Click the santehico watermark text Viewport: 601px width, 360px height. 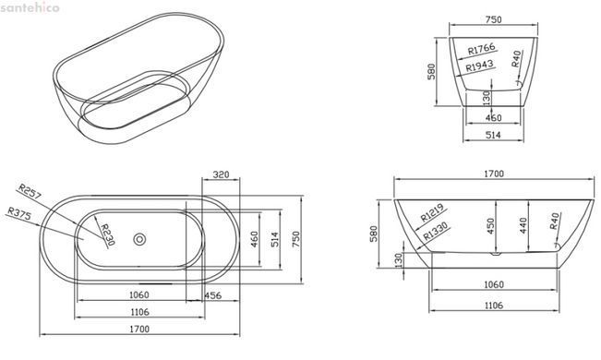[30, 7]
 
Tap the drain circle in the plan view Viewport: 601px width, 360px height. [139, 239]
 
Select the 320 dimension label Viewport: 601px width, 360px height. [221, 174]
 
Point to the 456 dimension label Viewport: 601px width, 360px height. [212, 295]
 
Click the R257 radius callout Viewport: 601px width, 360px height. [30, 191]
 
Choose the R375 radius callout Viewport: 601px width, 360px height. [19, 213]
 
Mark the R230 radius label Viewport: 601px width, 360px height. [108, 234]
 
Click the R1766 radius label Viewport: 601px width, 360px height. [482, 49]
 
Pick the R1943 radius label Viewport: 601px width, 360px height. [479, 66]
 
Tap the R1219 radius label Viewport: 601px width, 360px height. [432, 213]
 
